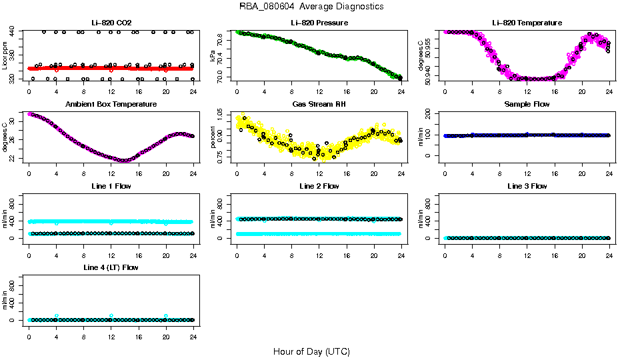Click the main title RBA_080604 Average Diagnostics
pyautogui.click(x=311, y=7)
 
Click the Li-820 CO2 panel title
pyautogui.click(x=111, y=23)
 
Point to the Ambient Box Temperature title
pyautogui.click(x=111, y=105)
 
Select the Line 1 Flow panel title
pyautogui.click(x=111, y=186)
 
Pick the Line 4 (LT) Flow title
pyautogui.click(x=111, y=267)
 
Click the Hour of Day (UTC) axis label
pyautogui.click(x=311, y=351)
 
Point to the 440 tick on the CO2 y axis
pyautogui.click(x=13, y=32)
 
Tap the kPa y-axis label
pyautogui.click(x=213, y=55)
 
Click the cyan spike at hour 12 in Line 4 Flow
pyautogui.click(x=111, y=315)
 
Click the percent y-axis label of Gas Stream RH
pyautogui.click(x=213, y=137)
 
